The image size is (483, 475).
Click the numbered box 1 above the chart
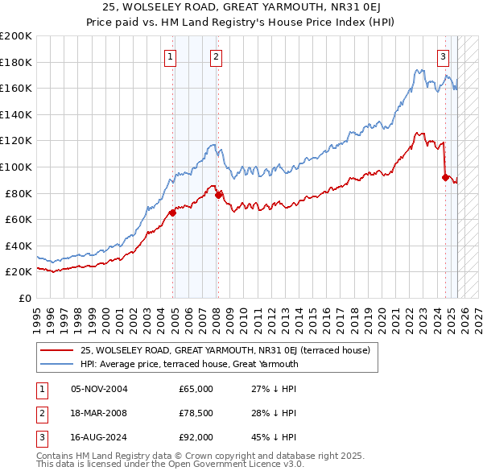point(171,56)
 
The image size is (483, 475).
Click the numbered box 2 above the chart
point(217,56)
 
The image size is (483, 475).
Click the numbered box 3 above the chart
point(444,56)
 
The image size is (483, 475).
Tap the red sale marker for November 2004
point(172,213)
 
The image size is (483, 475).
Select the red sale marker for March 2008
point(218,195)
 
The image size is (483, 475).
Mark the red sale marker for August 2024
point(445,177)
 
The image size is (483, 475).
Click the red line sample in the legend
point(57,351)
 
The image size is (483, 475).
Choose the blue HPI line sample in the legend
point(57,364)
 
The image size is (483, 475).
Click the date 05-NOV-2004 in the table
point(99,389)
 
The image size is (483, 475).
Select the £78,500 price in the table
point(196,413)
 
